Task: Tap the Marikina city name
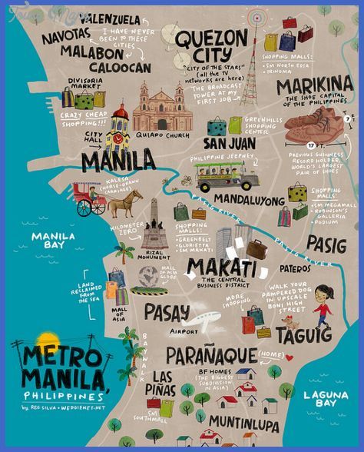click(x=314, y=86)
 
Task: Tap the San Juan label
click(x=229, y=143)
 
